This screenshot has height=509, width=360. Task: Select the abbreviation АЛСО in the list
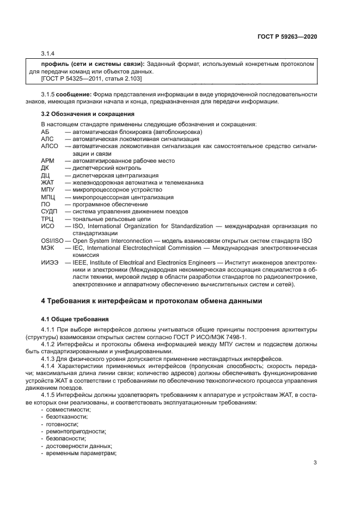pos(49,146)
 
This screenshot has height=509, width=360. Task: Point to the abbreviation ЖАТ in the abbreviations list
pos(47,183)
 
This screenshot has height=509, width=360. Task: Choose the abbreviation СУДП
pos(50,212)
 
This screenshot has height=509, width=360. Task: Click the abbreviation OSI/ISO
pos(52,240)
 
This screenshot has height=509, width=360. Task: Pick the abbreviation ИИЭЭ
pos(50,262)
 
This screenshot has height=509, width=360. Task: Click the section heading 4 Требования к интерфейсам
pos(152,301)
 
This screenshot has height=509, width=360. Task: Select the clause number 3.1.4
pos(48,53)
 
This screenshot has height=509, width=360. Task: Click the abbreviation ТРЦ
pos(48,219)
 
